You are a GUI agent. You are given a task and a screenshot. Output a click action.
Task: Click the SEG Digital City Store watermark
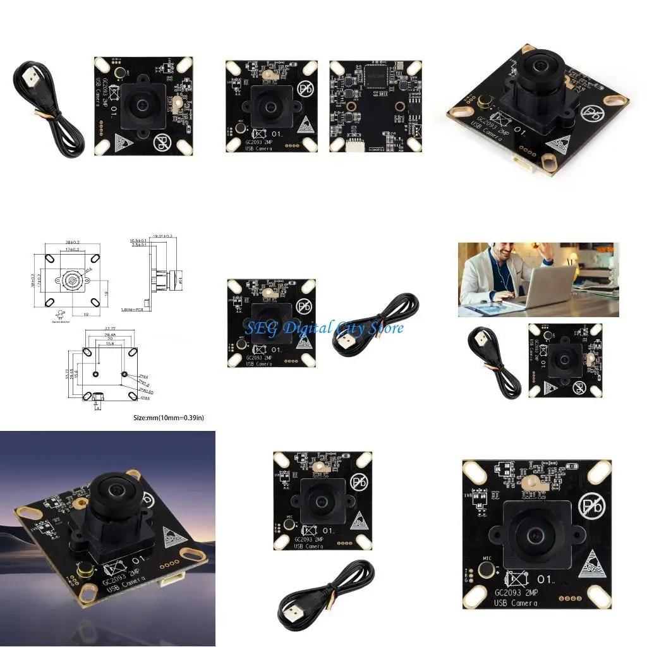pyautogui.click(x=323, y=328)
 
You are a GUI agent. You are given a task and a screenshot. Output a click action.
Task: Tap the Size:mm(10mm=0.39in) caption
pyautogui.click(x=169, y=417)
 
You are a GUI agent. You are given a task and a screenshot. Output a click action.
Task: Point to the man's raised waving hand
pyautogui.click(x=547, y=251)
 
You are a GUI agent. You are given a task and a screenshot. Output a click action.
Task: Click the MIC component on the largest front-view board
pyautogui.click(x=487, y=570)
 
